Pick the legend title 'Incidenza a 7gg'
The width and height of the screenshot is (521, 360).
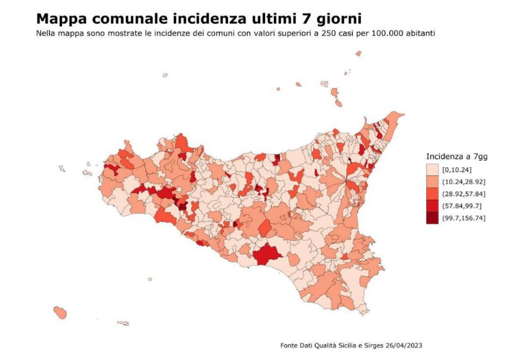(456, 157)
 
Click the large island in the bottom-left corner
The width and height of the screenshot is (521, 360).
(60, 312)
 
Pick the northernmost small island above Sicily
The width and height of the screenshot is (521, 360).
(358, 53)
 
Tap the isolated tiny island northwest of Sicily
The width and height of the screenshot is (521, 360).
(165, 75)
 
